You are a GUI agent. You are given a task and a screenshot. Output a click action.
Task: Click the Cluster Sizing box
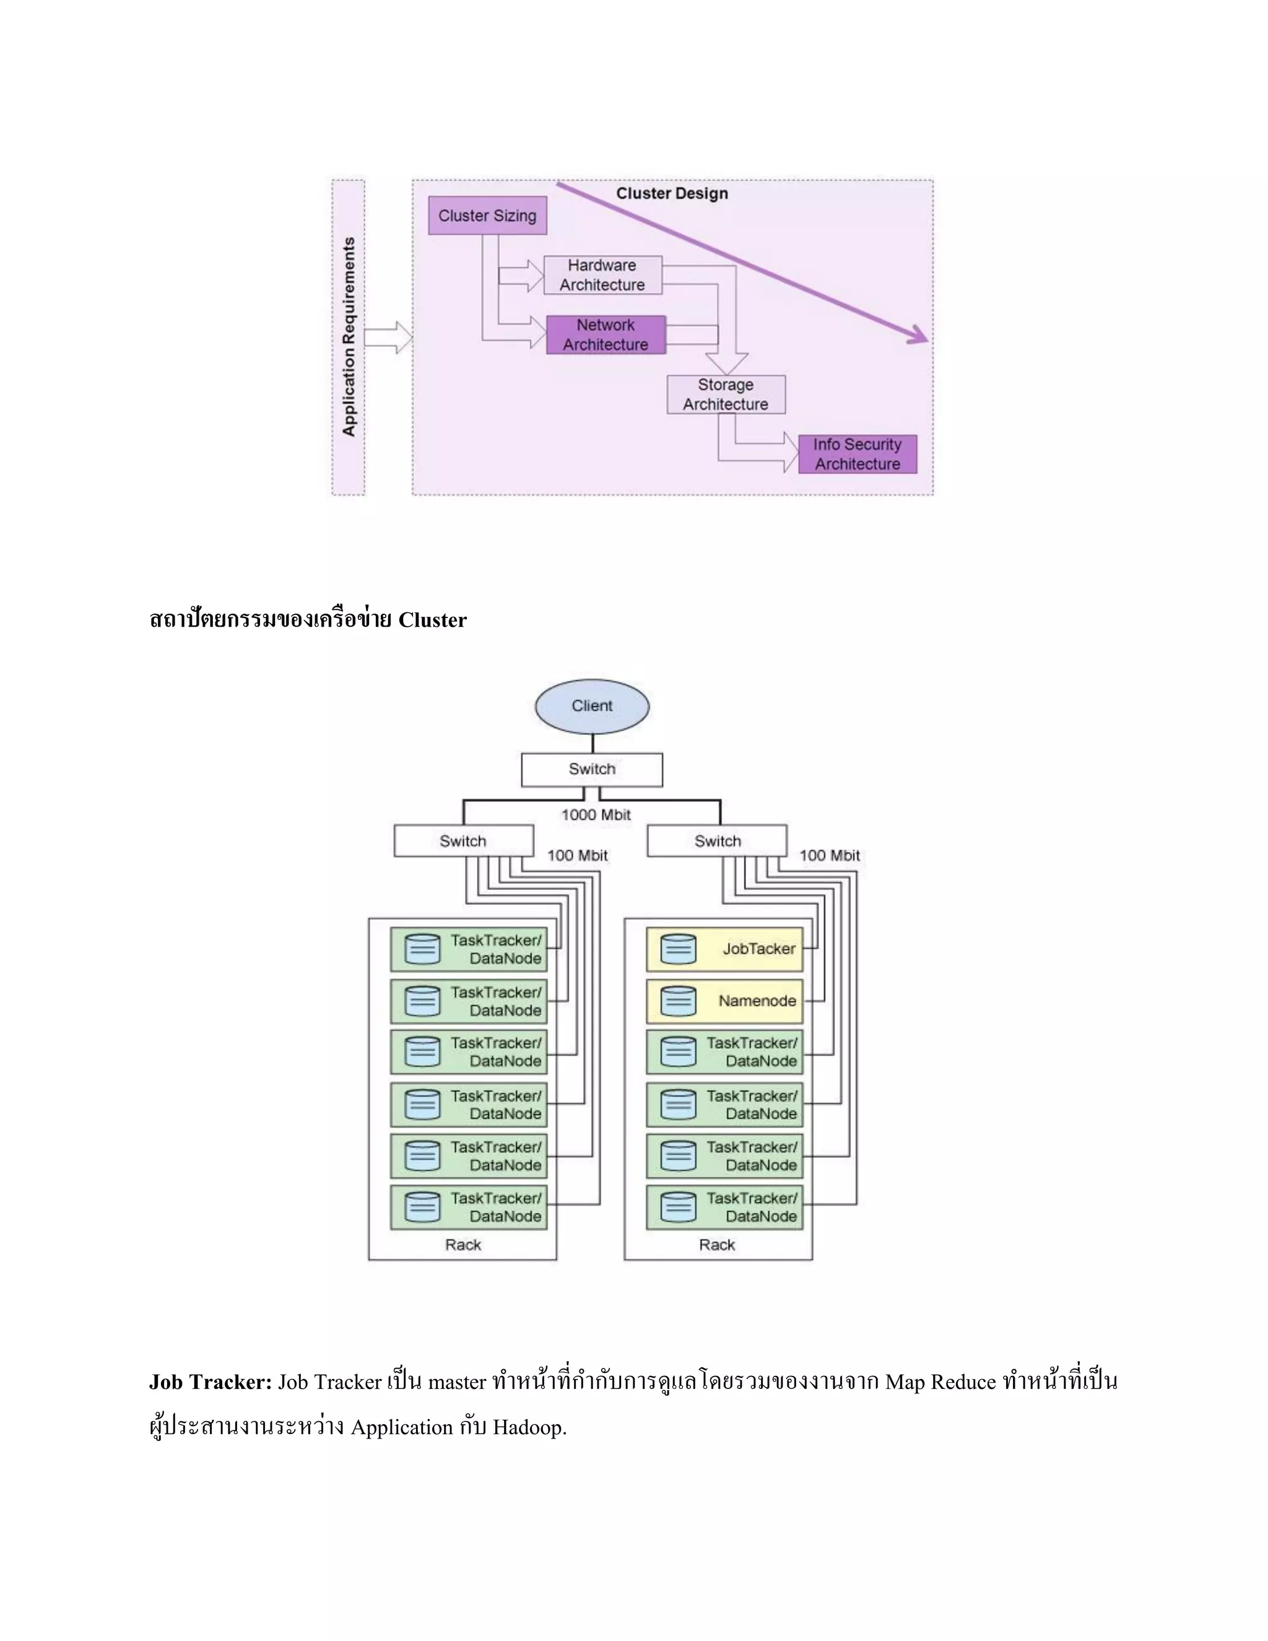(x=487, y=215)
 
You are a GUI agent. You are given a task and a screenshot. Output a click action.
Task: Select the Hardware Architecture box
(x=602, y=275)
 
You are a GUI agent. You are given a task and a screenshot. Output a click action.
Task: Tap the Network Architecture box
(x=606, y=335)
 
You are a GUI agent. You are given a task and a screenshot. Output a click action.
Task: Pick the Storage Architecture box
(x=726, y=394)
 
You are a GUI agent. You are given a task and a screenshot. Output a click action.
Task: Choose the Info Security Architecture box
(x=857, y=454)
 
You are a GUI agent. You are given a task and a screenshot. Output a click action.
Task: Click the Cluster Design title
(x=672, y=194)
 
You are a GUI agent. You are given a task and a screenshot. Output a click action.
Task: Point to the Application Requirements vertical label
(x=349, y=337)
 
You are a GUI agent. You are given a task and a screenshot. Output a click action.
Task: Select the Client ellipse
(x=592, y=707)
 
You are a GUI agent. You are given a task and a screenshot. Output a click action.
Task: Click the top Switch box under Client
(x=592, y=769)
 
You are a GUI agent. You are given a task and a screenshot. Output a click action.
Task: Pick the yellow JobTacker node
(x=725, y=949)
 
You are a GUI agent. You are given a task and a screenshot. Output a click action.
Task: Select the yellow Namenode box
(x=725, y=1001)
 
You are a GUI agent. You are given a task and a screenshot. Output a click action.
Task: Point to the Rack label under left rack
(x=462, y=1245)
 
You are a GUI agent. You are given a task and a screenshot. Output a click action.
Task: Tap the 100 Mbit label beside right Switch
(x=829, y=856)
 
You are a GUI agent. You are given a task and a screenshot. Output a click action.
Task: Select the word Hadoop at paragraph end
(x=528, y=1427)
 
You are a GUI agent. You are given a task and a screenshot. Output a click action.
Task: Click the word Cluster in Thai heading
(x=432, y=620)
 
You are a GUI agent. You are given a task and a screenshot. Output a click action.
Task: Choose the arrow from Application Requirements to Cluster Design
(x=388, y=337)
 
